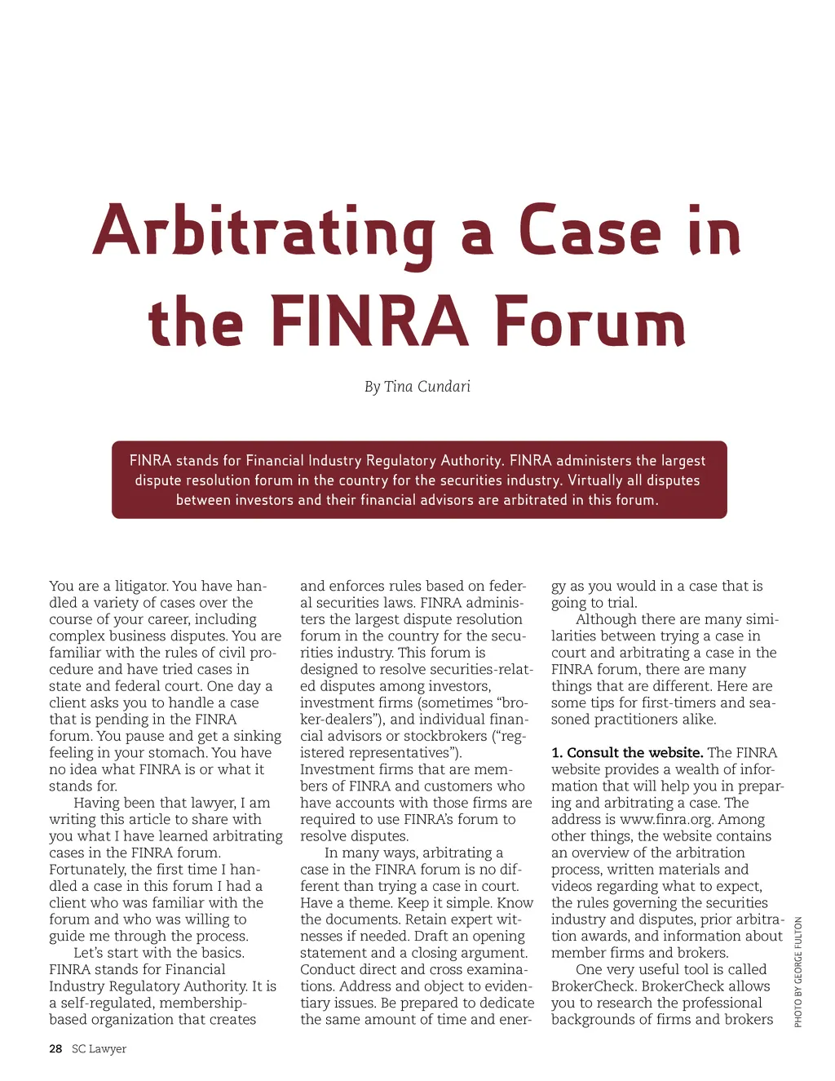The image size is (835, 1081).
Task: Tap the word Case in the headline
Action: pos(589,232)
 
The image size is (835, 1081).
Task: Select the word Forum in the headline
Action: pos(590,321)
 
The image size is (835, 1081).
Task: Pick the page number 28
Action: pos(55,1048)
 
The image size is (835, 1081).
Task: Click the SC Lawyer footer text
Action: pos(99,1048)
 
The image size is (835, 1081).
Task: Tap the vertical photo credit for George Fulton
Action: pos(798,972)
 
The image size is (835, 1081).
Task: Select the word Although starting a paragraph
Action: pos(606,619)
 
